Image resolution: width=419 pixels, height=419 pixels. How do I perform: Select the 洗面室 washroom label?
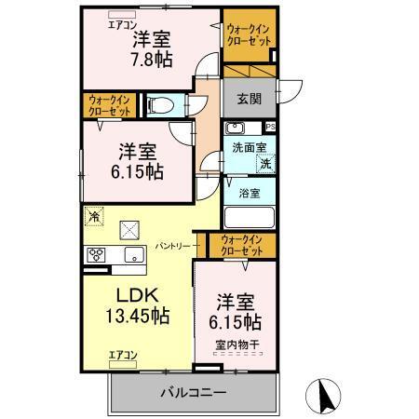tap(249, 146)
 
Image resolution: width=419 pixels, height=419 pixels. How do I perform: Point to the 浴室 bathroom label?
tap(249, 194)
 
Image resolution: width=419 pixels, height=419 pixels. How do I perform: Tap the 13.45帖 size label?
tap(135, 317)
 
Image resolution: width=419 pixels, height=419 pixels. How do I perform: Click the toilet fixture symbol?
tap(160, 104)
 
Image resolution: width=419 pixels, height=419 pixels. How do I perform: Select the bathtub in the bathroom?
tap(250, 217)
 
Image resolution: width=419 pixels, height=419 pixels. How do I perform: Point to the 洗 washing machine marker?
tap(264, 164)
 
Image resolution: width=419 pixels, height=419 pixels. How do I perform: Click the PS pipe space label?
tap(271, 127)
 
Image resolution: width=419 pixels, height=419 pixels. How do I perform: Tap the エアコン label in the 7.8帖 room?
tap(121, 25)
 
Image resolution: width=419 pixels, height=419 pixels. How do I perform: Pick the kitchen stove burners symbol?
tap(97, 254)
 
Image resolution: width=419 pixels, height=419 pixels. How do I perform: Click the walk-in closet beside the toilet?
tap(108, 104)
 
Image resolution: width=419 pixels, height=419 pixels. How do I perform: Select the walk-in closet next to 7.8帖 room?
tap(249, 36)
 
